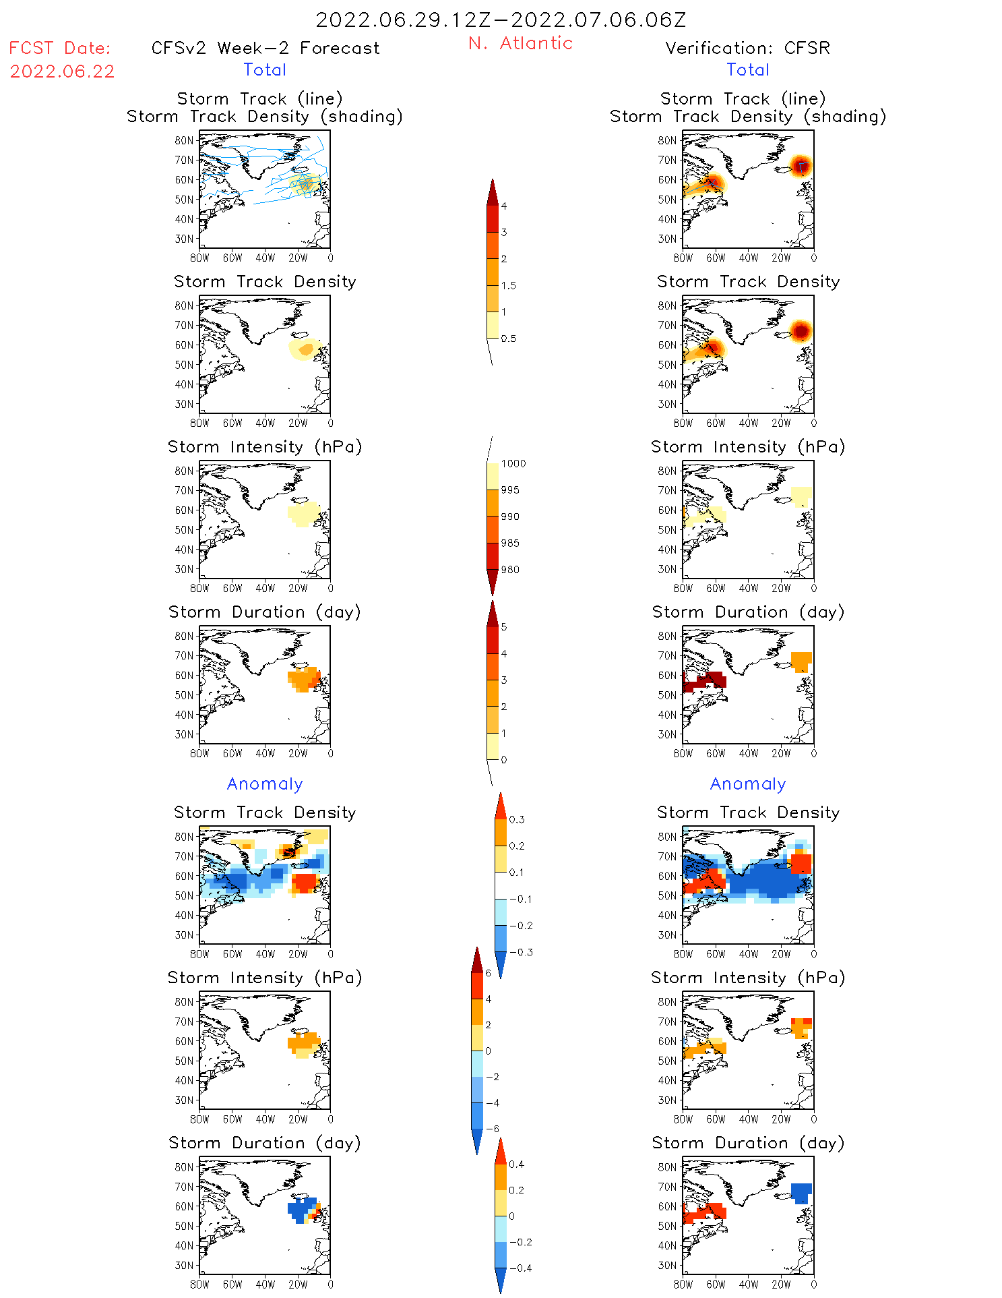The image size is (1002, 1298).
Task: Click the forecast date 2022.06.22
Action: (x=62, y=71)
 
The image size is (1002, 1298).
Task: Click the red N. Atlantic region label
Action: (x=520, y=43)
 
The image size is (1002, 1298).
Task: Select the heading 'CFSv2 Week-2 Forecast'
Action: (x=265, y=48)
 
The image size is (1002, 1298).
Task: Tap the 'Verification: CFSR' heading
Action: (x=747, y=48)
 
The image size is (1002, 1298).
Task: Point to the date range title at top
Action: (x=501, y=20)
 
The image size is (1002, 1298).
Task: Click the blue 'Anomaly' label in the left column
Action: (x=265, y=784)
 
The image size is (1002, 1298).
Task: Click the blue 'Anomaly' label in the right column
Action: (x=748, y=784)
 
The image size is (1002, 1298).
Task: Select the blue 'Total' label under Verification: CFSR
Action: (x=748, y=69)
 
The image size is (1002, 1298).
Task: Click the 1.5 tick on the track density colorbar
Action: (x=509, y=285)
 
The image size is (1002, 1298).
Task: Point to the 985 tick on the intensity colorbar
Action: (x=510, y=543)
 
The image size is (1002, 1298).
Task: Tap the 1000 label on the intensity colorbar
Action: (x=513, y=463)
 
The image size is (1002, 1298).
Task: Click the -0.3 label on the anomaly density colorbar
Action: (x=520, y=952)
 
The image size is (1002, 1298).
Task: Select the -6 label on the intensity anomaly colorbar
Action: (x=493, y=1129)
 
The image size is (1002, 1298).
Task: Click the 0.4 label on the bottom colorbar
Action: (x=516, y=1164)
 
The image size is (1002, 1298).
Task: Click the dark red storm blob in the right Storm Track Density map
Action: (x=800, y=331)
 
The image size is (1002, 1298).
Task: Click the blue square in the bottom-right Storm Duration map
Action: (x=801, y=1192)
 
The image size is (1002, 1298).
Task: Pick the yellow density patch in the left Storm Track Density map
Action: (x=305, y=349)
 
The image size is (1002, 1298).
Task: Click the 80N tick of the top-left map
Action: (x=184, y=140)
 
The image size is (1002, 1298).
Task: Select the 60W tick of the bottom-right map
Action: (x=716, y=1285)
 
